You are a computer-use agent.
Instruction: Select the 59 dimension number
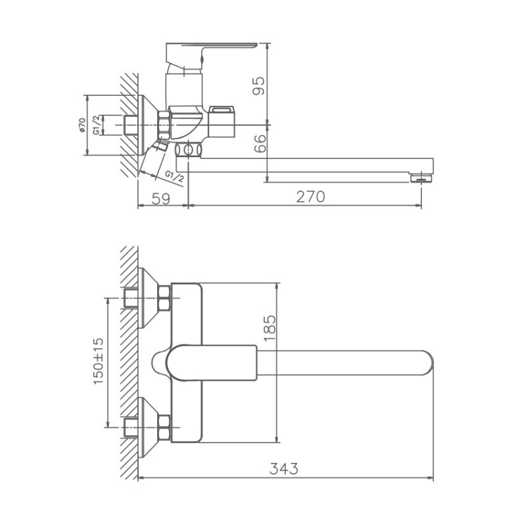tap(160, 197)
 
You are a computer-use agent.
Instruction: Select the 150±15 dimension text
tap(99, 361)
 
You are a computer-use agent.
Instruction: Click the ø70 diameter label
tap(82, 125)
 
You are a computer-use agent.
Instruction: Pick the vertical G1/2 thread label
tap(97, 125)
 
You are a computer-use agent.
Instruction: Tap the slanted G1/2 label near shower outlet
tap(174, 176)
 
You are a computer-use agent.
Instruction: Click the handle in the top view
tap(210, 362)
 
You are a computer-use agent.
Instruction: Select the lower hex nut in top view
tap(164, 428)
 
